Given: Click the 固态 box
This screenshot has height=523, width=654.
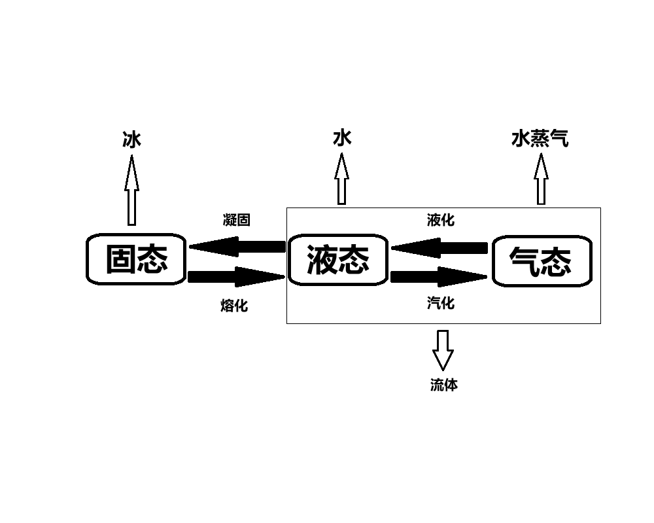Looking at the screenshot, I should (136, 259).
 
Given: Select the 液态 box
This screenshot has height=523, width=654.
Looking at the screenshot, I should (337, 260).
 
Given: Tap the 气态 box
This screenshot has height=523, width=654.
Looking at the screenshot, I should (542, 261).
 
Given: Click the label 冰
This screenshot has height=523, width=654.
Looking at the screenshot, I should (132, 139).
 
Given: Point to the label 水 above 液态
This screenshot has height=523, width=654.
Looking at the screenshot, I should (342, 138).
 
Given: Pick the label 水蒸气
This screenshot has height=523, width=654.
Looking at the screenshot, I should (540, 139).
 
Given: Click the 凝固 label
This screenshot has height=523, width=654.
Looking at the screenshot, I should (236, 220).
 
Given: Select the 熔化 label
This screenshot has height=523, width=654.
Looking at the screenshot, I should (234, 305).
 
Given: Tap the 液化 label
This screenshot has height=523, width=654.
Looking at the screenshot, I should (440, 220).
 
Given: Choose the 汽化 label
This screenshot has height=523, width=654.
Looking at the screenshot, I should (440, 303).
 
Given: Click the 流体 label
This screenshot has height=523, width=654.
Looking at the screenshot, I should (443, 385).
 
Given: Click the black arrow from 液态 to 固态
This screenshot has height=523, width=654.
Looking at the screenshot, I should (237, 247).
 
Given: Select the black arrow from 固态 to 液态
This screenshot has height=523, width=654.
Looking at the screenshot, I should (237, 277).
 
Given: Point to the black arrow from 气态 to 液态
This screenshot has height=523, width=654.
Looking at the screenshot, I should (439, 248).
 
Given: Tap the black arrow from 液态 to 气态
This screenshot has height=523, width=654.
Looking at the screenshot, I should (439, 277).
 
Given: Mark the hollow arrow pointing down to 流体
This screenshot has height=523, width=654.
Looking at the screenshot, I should (443, 351).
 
